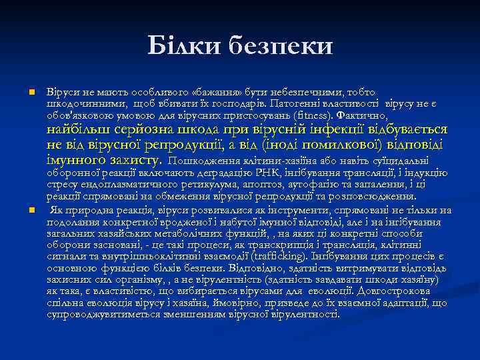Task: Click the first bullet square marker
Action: pyautogui.click(x=31, y=91)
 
